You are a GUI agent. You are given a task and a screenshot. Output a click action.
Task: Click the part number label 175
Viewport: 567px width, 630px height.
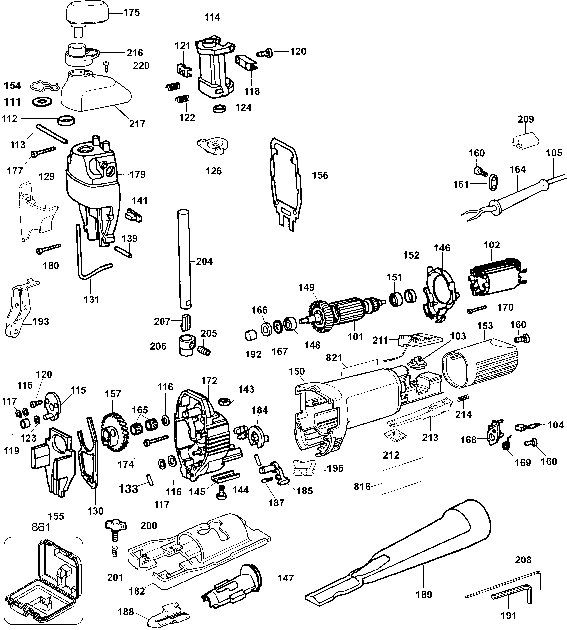tap(132, 13)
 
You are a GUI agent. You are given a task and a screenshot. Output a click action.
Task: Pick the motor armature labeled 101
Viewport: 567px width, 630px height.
tap(346, 312)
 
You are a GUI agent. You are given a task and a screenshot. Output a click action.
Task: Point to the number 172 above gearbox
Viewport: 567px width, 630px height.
tap(209, 381)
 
